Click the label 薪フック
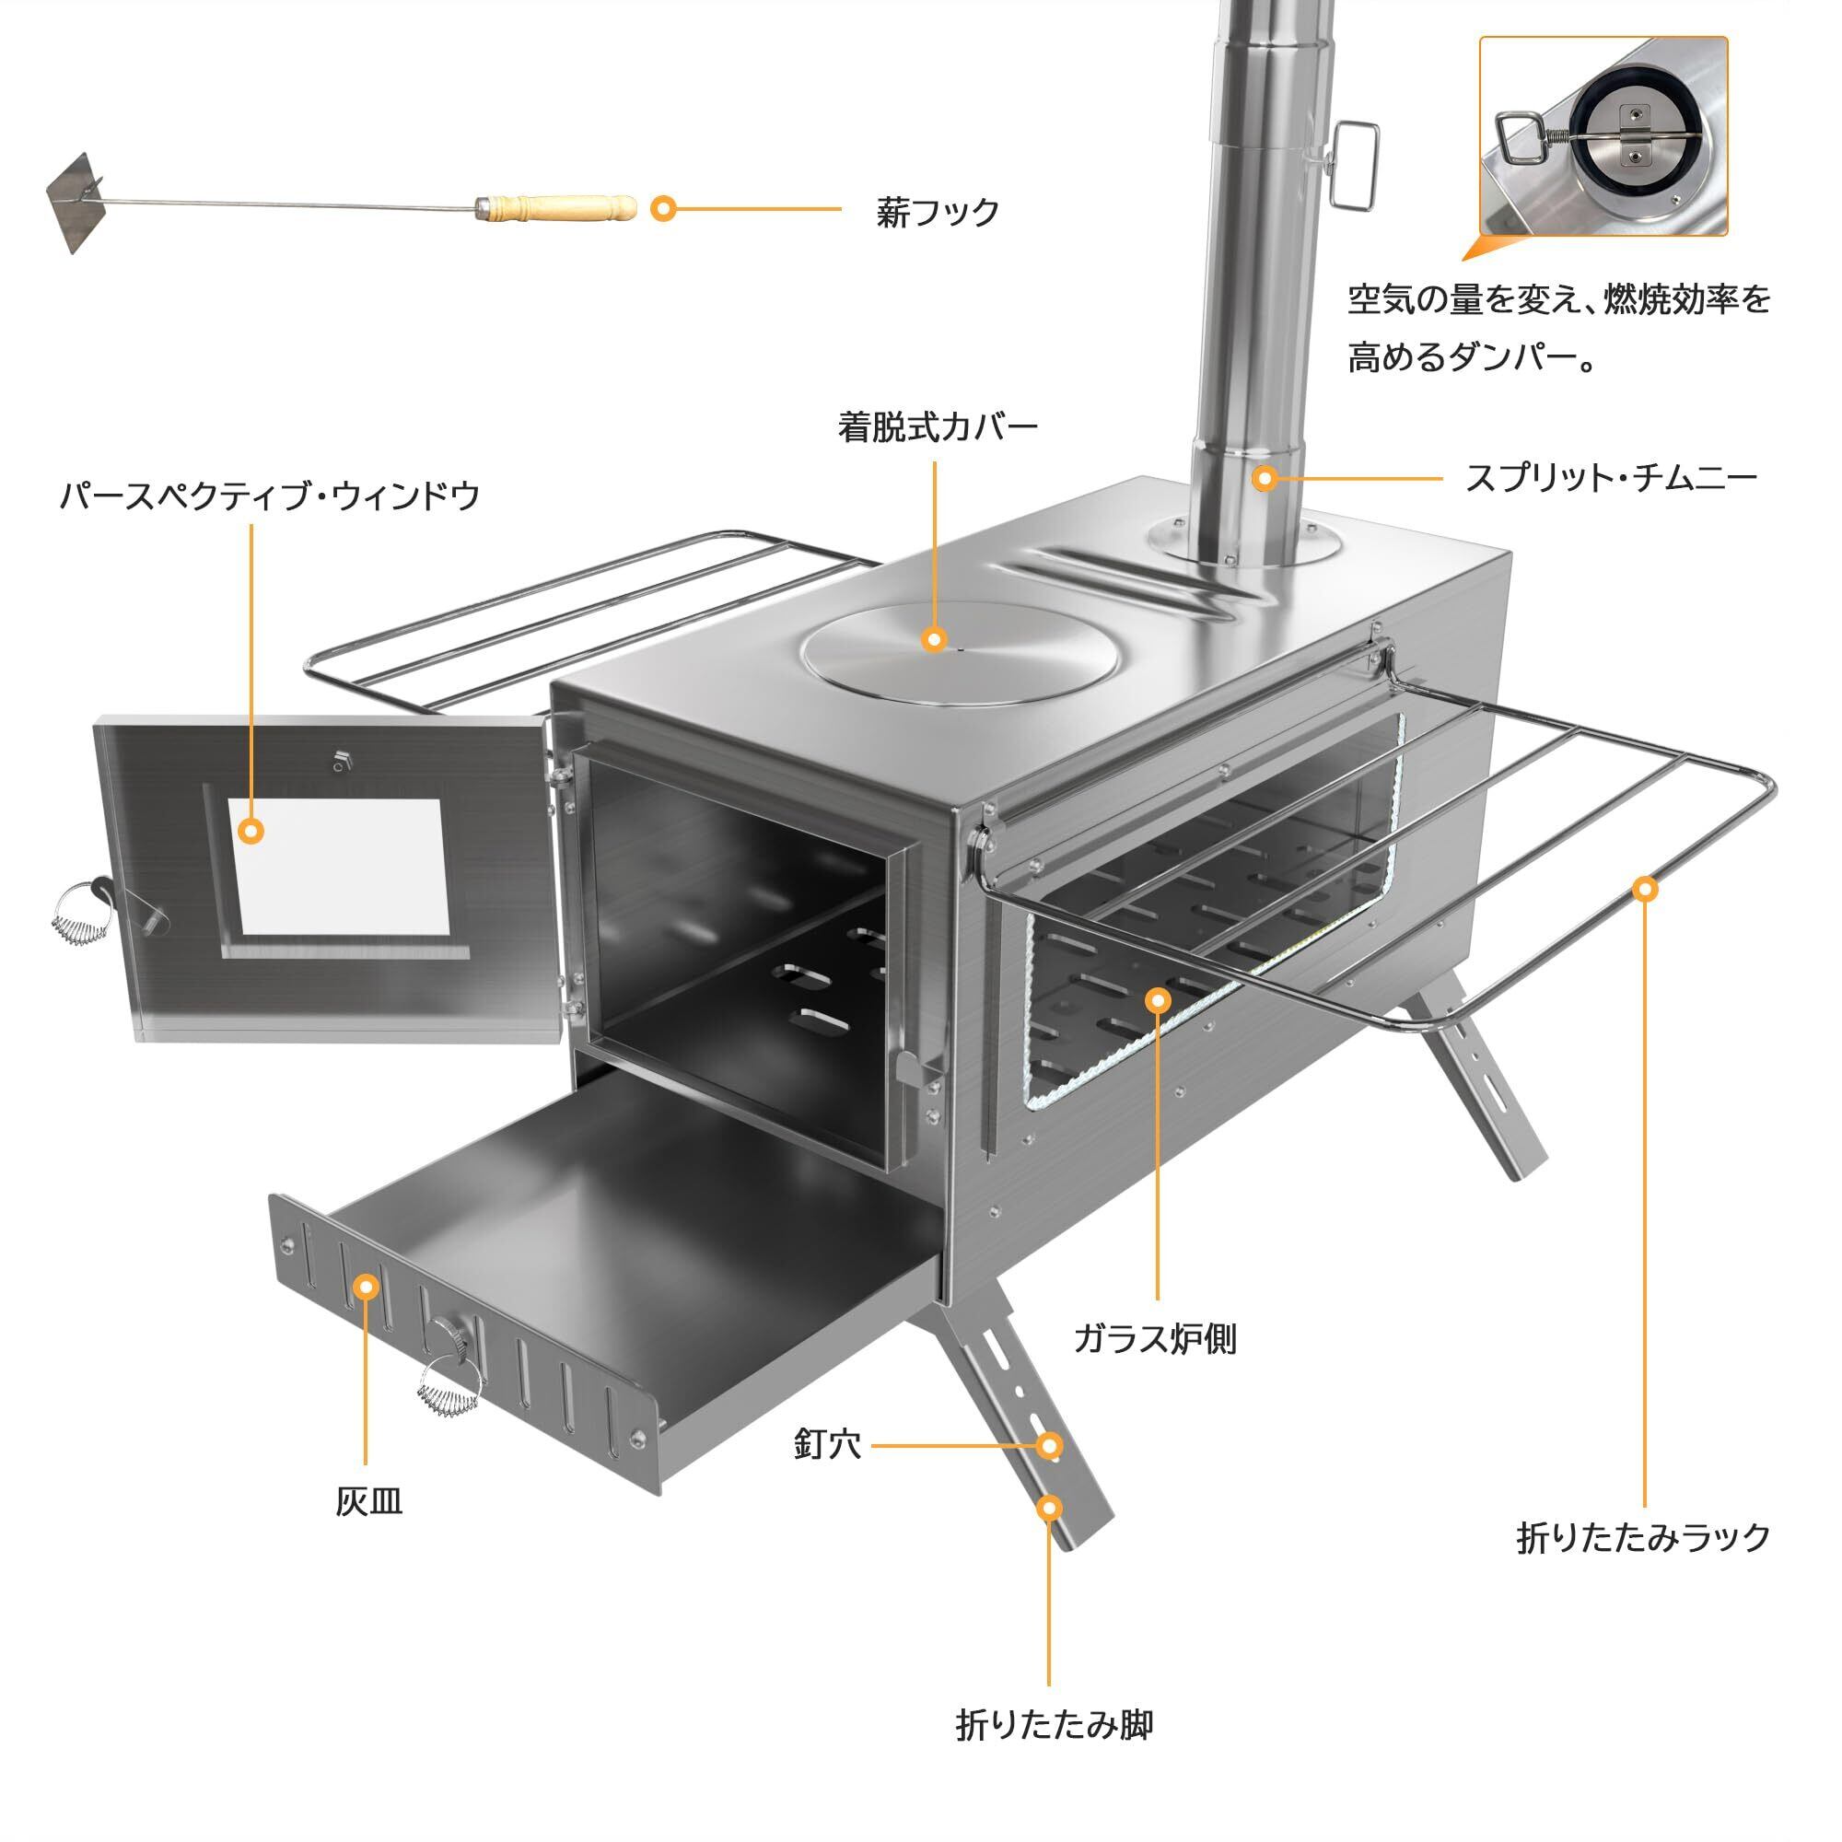[x=938, y=212]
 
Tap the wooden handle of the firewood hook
[x=558, y=207]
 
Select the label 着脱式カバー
[x=938, y=427]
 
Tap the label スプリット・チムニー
[x=1610, y=477]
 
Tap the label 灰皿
[x=368, y=1501]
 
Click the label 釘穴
[x=827, y=1444]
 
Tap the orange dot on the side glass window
[x=1158, y=1000]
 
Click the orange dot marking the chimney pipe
[x=1265, y=478]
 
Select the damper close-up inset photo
[x=1603, y=137]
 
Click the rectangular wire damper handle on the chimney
[x=1355, y=165]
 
